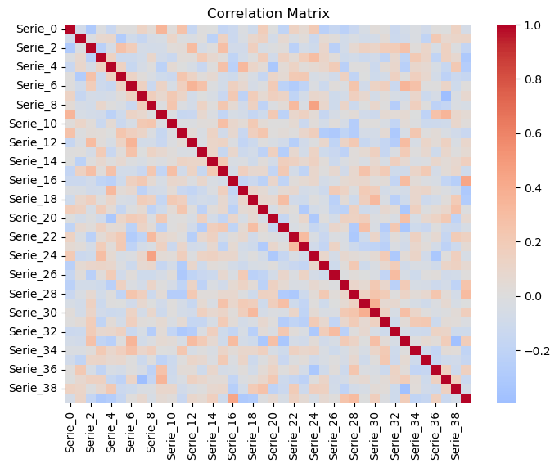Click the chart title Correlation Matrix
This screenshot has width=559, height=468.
click(x=268, y=13)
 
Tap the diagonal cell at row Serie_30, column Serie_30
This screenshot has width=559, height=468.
click(x=375, y=312)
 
